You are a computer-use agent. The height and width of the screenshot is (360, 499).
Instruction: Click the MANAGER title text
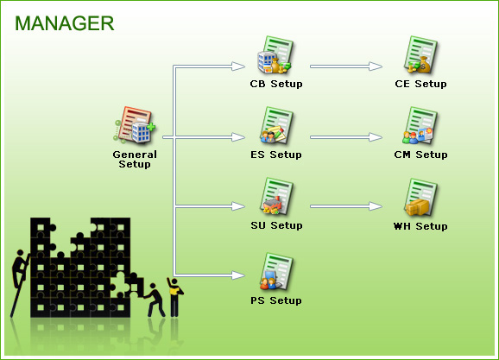[64, 23]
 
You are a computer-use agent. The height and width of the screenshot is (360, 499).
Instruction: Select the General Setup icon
[135, 125]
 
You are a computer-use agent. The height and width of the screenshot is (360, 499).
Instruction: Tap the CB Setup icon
[275, 54]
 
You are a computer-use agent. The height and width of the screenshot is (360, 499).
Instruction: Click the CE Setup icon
[420, 54]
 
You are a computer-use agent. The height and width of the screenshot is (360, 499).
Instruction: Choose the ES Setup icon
[275, 125]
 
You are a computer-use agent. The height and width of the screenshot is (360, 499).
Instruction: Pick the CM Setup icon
[420, 125]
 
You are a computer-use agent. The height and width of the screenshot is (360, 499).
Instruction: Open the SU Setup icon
[275, 197]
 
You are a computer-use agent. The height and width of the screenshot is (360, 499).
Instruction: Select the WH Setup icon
[420, 198]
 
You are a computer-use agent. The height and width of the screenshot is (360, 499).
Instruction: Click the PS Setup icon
[275, 272]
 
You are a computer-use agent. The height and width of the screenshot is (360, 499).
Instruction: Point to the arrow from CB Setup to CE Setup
[346, 66]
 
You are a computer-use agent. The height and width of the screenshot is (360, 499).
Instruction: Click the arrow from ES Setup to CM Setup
[346, 137]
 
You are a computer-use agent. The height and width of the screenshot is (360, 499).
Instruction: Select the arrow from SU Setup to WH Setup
[346, 206]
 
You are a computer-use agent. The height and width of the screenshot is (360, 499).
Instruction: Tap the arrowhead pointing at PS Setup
[238, 275]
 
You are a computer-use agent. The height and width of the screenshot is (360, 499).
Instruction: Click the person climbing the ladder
[20, 269]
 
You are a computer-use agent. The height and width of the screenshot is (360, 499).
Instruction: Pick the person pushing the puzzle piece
[154, 300]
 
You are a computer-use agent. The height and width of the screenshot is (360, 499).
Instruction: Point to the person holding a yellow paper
[174, 297]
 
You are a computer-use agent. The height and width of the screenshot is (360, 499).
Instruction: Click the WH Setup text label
[420, 226]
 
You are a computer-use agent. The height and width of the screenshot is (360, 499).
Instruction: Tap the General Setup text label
[135, 159]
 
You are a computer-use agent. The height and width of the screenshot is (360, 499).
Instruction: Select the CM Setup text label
[420, 155]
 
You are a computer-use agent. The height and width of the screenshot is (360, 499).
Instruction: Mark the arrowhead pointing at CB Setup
[238, 66]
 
